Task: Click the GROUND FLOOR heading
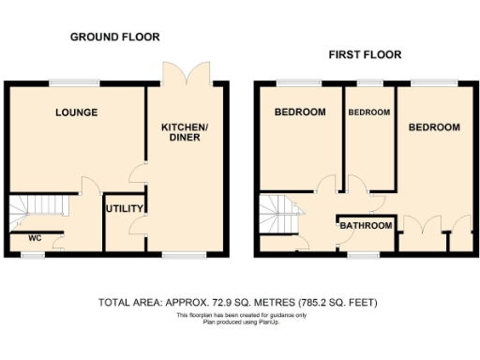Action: pyautogui.click(x=115, y=37)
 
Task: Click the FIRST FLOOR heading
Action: pyautogui.click(x=365, y=55)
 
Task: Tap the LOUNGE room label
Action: pyautogui.click(x=76, y=112)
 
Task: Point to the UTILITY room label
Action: pyautogui.click(x=122, y=208)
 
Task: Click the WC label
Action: pyautogui.click(x=35, y=237)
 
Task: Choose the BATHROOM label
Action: pyautogui.click(x=366, y=226)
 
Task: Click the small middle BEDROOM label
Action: pyautogui.click(x=368, y=112)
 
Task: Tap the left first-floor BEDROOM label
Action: pyautogui.click(x=300, y=112)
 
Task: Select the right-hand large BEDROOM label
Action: pyautogui.click(x=434, y=127)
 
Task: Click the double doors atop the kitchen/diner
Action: pyautogui.click(x=185, y=73)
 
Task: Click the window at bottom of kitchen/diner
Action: pyautogui.click(x=178, y=254)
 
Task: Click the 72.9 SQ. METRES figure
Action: pyautogui.click(x=252, y=303)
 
